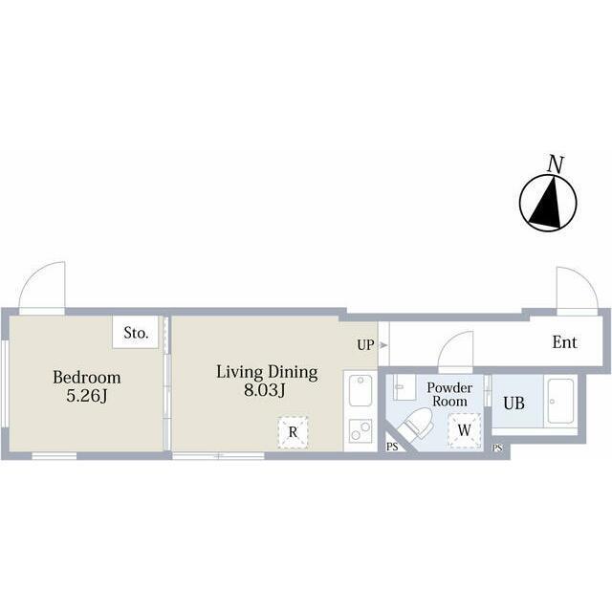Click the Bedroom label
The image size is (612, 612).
coord(87,378)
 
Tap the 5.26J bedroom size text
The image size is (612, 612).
coord(87,396)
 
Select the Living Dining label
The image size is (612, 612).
coord(267,373)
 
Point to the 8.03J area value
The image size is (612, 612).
coord(265,390)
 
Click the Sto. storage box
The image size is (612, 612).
coord(136,332)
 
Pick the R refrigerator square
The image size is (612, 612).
coord(293,432)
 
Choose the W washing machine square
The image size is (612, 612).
coord(464,430)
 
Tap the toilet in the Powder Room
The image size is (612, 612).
coord(418,424)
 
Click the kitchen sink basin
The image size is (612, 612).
coord(361,391)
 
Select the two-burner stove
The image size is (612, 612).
coord(361,431)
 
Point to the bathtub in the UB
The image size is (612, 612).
coord(560,402)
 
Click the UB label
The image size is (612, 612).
coord(514,404)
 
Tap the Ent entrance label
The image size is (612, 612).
coord(564,342)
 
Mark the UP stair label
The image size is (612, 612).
coord(365,345)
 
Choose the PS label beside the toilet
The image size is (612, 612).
coord(392,447)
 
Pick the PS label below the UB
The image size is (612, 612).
coord(497,448)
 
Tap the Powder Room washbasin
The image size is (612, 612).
coord(404,387)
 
